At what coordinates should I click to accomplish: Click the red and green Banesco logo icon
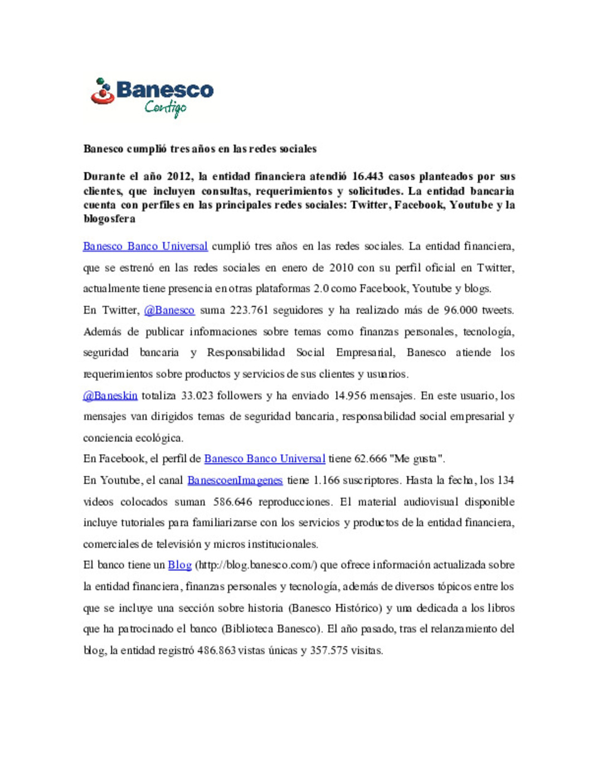102,91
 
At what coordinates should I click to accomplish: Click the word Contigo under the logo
165,108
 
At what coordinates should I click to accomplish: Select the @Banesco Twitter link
169,310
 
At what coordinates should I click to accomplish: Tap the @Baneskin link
110,396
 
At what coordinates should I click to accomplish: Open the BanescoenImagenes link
235,480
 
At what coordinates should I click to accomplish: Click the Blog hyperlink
179,565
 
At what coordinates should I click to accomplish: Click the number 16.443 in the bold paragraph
367,177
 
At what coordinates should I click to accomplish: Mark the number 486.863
216,650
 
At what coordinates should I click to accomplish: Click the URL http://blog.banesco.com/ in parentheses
256,565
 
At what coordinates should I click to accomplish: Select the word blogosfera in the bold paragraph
109,219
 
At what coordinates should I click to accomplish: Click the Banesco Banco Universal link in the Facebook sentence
264,459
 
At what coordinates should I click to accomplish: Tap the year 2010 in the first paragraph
341,268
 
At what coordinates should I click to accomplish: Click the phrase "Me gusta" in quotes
417,459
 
